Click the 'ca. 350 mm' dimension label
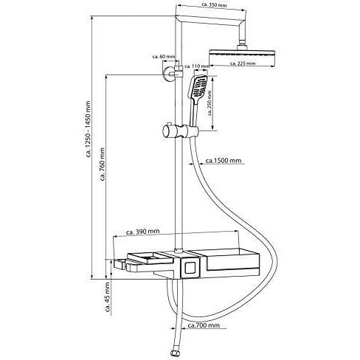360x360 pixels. click(214, 4)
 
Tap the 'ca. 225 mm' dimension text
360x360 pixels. click(243, 63)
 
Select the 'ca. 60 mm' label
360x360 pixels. click(164, 57)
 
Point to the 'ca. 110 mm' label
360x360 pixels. click(197, 66)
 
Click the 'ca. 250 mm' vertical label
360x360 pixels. click(210, 103)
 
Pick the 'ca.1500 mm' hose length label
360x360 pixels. click(224, 161)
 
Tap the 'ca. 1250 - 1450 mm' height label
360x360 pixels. click(88, 129)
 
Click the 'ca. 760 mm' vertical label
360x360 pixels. click(103, 164)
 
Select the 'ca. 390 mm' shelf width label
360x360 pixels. click(142, 232)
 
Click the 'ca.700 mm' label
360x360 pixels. click(204, 325)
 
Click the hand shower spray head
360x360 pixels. click(198, 86)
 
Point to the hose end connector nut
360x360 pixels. click(174, 353)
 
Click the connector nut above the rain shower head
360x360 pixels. click(242, 47)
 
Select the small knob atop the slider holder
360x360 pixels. click(169, 123)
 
